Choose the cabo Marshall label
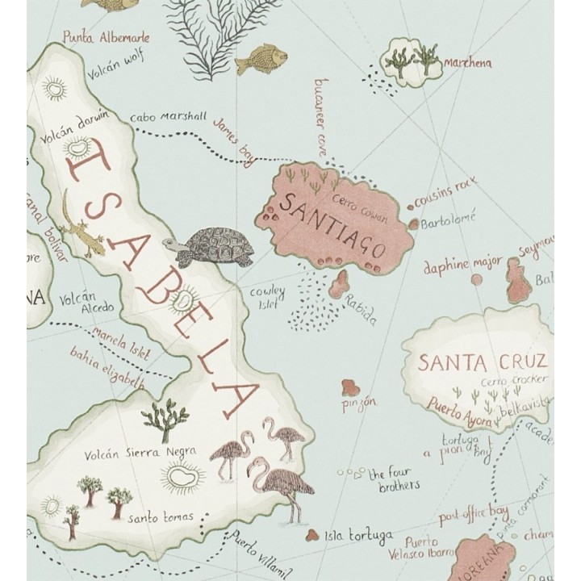coord(168,115)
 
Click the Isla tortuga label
coord(358,536)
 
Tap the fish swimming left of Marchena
coord(267,57)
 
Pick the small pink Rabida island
coord(340,283)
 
